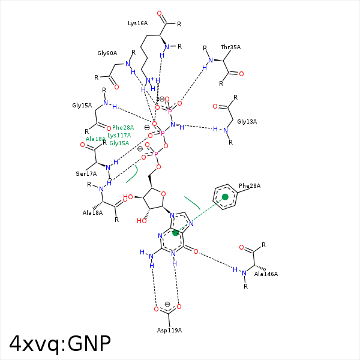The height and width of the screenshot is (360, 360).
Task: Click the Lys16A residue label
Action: coord(137,23)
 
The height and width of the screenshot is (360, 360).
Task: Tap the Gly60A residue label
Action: coord(107,53)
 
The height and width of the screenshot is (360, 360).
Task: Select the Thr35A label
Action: coord(230,47)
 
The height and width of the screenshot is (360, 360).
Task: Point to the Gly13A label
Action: coord(247,122)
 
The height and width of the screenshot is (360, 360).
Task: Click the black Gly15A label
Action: coord(82,106)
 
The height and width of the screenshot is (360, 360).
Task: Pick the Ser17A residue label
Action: coord(86,174)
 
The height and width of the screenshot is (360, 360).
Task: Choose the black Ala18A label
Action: coord(92,212)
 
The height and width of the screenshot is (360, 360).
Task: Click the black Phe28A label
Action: coord(250,186)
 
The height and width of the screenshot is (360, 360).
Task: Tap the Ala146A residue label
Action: coord(266,274)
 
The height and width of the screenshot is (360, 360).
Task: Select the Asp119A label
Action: coord(169,331)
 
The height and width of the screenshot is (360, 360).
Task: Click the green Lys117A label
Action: coord(119,135)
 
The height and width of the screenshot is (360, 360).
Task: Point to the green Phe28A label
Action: coord(123,127)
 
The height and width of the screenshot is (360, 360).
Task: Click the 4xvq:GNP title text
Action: coord(60,343)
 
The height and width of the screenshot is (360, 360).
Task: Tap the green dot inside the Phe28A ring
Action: coord(225,197)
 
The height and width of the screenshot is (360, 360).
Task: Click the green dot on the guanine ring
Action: coord(176,233)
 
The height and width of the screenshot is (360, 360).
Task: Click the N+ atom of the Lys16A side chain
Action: coord(149,80)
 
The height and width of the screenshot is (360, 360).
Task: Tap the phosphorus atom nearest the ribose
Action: coord(156,154)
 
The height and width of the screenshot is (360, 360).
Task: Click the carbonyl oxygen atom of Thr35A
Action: coord(241,74)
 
